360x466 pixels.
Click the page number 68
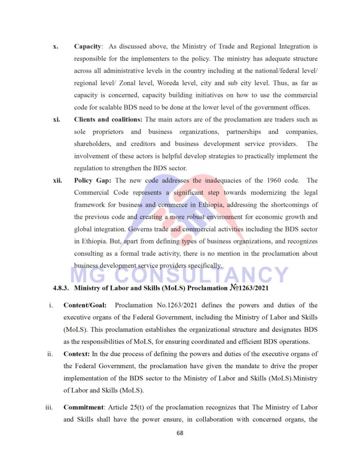[x=180, y=433]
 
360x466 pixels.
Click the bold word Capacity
[x=88, y=46]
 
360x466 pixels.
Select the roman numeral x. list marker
[x=56, y=46]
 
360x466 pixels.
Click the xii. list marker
[x=57, y=181]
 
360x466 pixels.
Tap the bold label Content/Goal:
[x=85, y=305]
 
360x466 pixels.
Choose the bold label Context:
[x=77, y=354]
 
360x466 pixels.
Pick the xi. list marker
[x=57, y=120]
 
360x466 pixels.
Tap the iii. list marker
[x=50, y=407]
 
